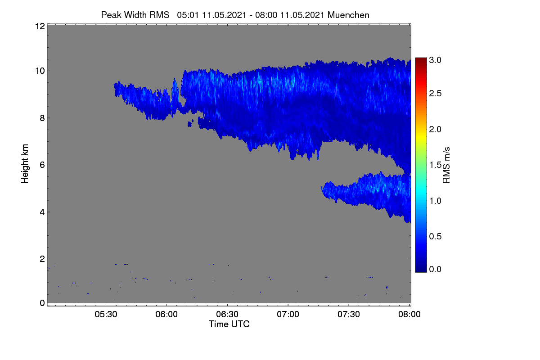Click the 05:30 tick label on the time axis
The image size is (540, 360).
(106, 314)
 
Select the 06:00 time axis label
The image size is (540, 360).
(166, 314)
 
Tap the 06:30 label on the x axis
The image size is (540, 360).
(227, 314)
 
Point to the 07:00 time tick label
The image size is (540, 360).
(288, 314)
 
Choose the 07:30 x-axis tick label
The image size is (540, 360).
(349, 314)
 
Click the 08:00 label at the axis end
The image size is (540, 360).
(409, 314)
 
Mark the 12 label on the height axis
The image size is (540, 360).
(40, 26)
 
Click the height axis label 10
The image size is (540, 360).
(40, 71)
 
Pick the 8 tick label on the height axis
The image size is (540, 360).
(42, 118)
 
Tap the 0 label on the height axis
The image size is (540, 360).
(42, 303)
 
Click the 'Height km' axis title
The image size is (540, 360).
(25, 164)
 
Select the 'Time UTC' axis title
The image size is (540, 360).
(229, 324)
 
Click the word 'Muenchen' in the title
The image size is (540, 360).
(348, 15)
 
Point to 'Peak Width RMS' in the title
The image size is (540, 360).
(135, 15)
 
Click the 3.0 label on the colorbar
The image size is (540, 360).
(435, 60)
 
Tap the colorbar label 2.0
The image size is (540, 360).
(435, 130)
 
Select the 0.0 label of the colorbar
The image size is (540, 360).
(435, 269)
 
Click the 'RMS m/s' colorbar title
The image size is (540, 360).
(446, 165)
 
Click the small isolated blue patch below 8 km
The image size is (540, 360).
(190, 124)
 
